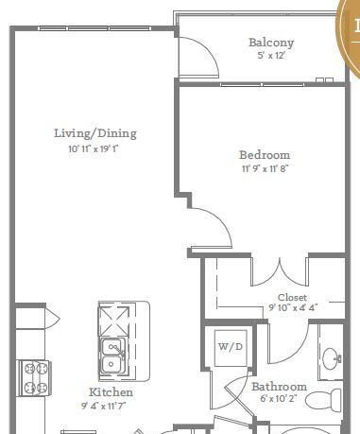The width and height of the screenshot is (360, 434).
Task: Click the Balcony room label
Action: coord(271,43)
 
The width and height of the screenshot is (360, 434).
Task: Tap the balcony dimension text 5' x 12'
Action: coord(271,56)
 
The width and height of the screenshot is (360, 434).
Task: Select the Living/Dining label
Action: coord(95,133)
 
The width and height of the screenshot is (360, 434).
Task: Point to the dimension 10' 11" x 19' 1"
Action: coord(94,148)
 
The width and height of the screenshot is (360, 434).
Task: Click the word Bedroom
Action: coord(265,155)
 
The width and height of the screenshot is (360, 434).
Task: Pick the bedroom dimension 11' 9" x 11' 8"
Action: coord(265,168)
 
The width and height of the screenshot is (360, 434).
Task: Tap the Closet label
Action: coord(292,297)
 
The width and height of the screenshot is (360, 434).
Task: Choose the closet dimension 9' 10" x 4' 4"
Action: coord(293,307)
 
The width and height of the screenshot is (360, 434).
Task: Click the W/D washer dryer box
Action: coord(231,348)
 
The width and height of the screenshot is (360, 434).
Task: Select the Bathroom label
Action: coord(279,387)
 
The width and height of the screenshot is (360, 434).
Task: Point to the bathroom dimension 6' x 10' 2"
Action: coord(279,398)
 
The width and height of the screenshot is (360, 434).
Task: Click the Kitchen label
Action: coord(111,392)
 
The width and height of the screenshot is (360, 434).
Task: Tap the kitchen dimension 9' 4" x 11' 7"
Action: coord(104,406)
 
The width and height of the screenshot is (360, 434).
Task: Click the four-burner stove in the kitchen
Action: coord(34,378)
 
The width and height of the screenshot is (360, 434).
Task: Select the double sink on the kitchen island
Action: coord(113,357)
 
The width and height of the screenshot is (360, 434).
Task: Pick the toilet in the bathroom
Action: coord(323,399)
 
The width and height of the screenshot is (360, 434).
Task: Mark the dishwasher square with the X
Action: coord(113,321)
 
